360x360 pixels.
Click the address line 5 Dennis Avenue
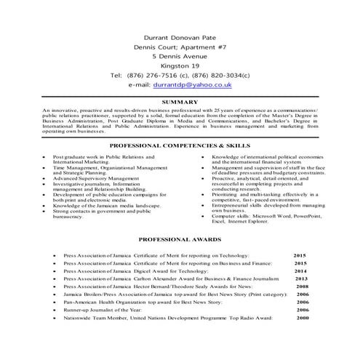click(180, 55)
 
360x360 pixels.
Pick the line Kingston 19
click(180, 65)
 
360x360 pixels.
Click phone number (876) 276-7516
click(151, 75)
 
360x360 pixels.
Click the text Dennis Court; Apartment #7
click(180, 45)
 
